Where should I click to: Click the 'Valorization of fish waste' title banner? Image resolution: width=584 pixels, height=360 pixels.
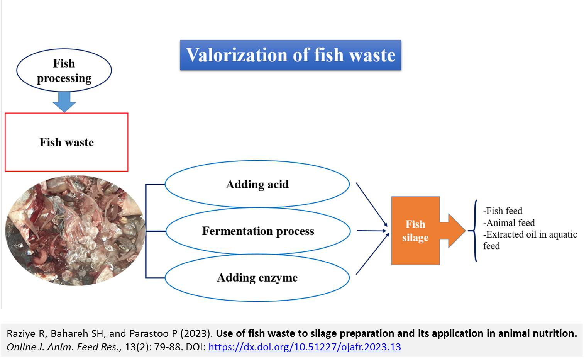(x=290, y=55)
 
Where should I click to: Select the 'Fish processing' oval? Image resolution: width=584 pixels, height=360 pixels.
(x=64, y=70)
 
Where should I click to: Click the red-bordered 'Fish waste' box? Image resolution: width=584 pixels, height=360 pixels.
(x=66, y=142)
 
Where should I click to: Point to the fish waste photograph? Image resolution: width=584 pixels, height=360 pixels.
(x=75, y=231)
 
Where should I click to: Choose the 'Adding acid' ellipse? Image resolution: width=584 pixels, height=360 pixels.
(x=257, y=184)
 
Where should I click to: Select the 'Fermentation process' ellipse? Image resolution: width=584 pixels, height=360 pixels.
(x=258, y=231)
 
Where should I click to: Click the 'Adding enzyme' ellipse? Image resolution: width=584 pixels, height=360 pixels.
(x=257, y=278)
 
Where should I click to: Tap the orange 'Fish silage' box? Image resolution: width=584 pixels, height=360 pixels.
(x=416, y=231)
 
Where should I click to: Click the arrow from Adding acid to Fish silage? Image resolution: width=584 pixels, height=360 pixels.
(x=372, y=205)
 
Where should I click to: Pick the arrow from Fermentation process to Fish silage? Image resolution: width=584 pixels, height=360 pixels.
(x=372, y=231)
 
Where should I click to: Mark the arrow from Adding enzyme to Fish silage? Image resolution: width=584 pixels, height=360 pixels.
(x=372, y=254)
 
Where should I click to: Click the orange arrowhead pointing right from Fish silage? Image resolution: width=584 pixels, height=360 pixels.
(x=453, y=231)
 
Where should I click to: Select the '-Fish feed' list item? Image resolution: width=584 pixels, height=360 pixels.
(x=503, y=211)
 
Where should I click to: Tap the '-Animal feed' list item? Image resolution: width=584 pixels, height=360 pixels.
(x=509, y=223)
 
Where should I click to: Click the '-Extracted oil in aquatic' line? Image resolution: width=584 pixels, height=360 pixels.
(x=530, y=234)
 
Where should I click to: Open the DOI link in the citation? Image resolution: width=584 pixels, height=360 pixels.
(x=305, y=347)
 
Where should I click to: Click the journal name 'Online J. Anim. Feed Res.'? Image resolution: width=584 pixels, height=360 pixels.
(x=64, y=347)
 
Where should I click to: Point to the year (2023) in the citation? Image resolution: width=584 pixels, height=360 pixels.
(x=195, y=333)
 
